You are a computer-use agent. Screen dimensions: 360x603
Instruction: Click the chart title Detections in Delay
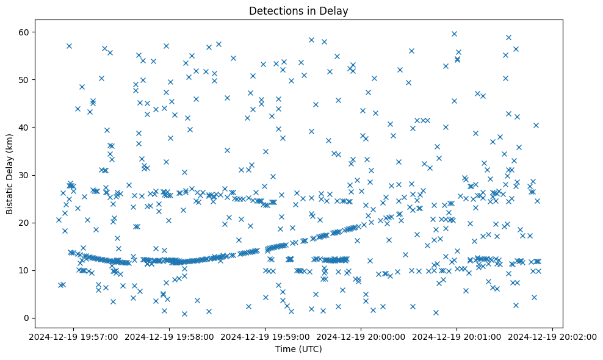tap(298, 10)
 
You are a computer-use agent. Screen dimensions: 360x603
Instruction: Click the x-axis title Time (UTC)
tap(298, 349)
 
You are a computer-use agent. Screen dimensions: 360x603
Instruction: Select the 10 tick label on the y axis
tap(25, 270)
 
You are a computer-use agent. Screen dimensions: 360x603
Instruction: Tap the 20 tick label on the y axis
tap(25, 223)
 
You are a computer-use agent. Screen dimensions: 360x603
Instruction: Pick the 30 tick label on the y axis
tap(25, 175)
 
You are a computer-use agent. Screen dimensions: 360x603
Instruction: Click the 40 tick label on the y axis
tap(25, 127)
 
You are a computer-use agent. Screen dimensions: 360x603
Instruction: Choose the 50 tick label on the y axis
tap(25, 79)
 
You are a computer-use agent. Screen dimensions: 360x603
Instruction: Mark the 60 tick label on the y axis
tap(25, 32)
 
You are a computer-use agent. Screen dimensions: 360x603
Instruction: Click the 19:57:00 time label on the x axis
tap(74, 336)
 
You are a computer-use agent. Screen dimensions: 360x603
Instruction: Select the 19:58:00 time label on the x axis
tap(170, 336)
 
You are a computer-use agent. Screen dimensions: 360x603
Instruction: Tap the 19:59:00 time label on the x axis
tap(265, 336)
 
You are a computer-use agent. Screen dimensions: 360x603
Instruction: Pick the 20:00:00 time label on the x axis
tap(361, 336)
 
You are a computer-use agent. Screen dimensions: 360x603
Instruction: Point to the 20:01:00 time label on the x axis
tap(457, 336)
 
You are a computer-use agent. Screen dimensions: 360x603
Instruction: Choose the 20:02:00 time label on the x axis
tap(553, 336)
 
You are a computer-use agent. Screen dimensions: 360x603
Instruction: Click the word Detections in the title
tap(273, 10)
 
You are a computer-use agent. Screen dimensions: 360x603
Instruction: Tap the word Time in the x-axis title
tap(285, 349)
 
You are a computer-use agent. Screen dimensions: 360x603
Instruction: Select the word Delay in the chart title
tap(336, 10)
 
